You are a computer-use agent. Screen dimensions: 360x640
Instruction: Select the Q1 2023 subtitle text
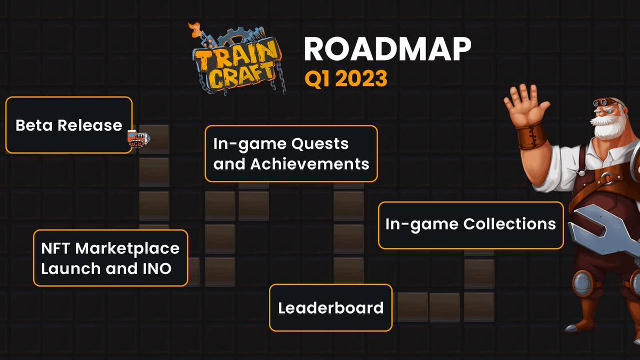pos(346,78)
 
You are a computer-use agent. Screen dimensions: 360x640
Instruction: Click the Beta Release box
pos(69,125)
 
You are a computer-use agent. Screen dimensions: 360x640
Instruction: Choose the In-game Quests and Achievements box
pos(291,154)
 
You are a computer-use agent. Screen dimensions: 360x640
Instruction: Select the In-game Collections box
pos(470,225)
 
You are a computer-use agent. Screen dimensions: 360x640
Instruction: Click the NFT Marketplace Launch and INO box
pos(110,258)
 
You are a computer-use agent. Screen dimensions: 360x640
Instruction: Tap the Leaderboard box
pos(331,308)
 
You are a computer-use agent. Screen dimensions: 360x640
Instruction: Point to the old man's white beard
pos(607,128)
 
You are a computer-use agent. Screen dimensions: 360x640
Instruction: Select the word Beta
pos(35,125)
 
